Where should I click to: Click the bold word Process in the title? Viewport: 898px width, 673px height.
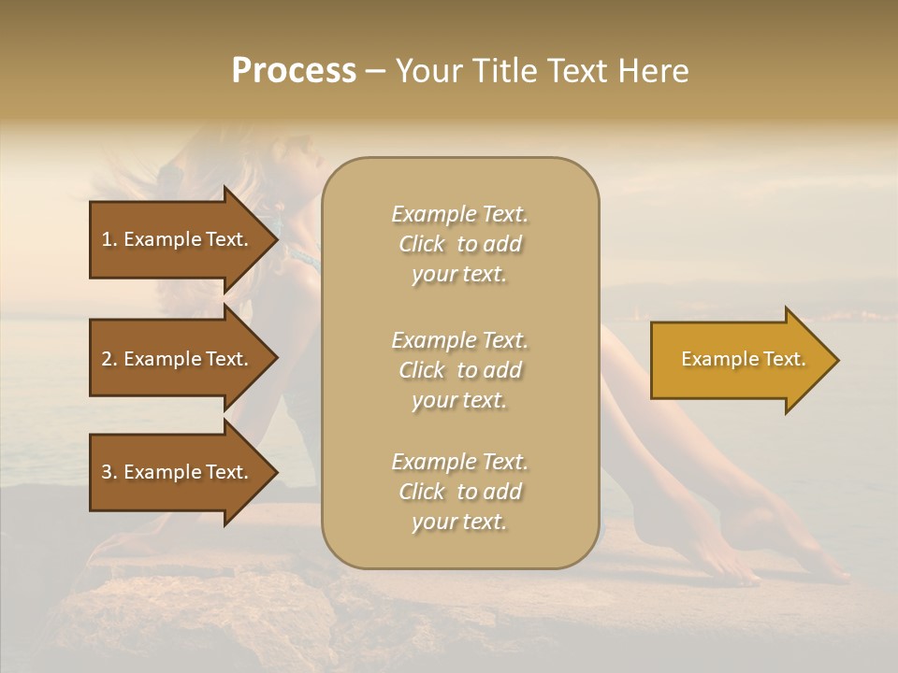(294, 71)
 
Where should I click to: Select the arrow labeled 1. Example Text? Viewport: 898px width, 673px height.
(175, 239)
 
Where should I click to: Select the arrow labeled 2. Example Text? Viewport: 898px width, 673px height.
(175, 359)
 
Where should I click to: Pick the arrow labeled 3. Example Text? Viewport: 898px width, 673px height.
(175, 472)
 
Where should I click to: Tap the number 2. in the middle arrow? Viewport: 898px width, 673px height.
(109, 359)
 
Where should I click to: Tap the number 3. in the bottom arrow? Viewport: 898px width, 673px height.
(109, 472)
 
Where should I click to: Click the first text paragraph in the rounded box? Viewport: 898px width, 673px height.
(459, 244)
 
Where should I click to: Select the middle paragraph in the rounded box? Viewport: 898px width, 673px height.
(459, 370)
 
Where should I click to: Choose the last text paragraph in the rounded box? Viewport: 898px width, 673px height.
(459, 492)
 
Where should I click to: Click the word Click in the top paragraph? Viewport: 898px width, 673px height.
(422, 244)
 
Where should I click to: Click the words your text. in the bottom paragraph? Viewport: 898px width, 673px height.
(459, 522)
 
